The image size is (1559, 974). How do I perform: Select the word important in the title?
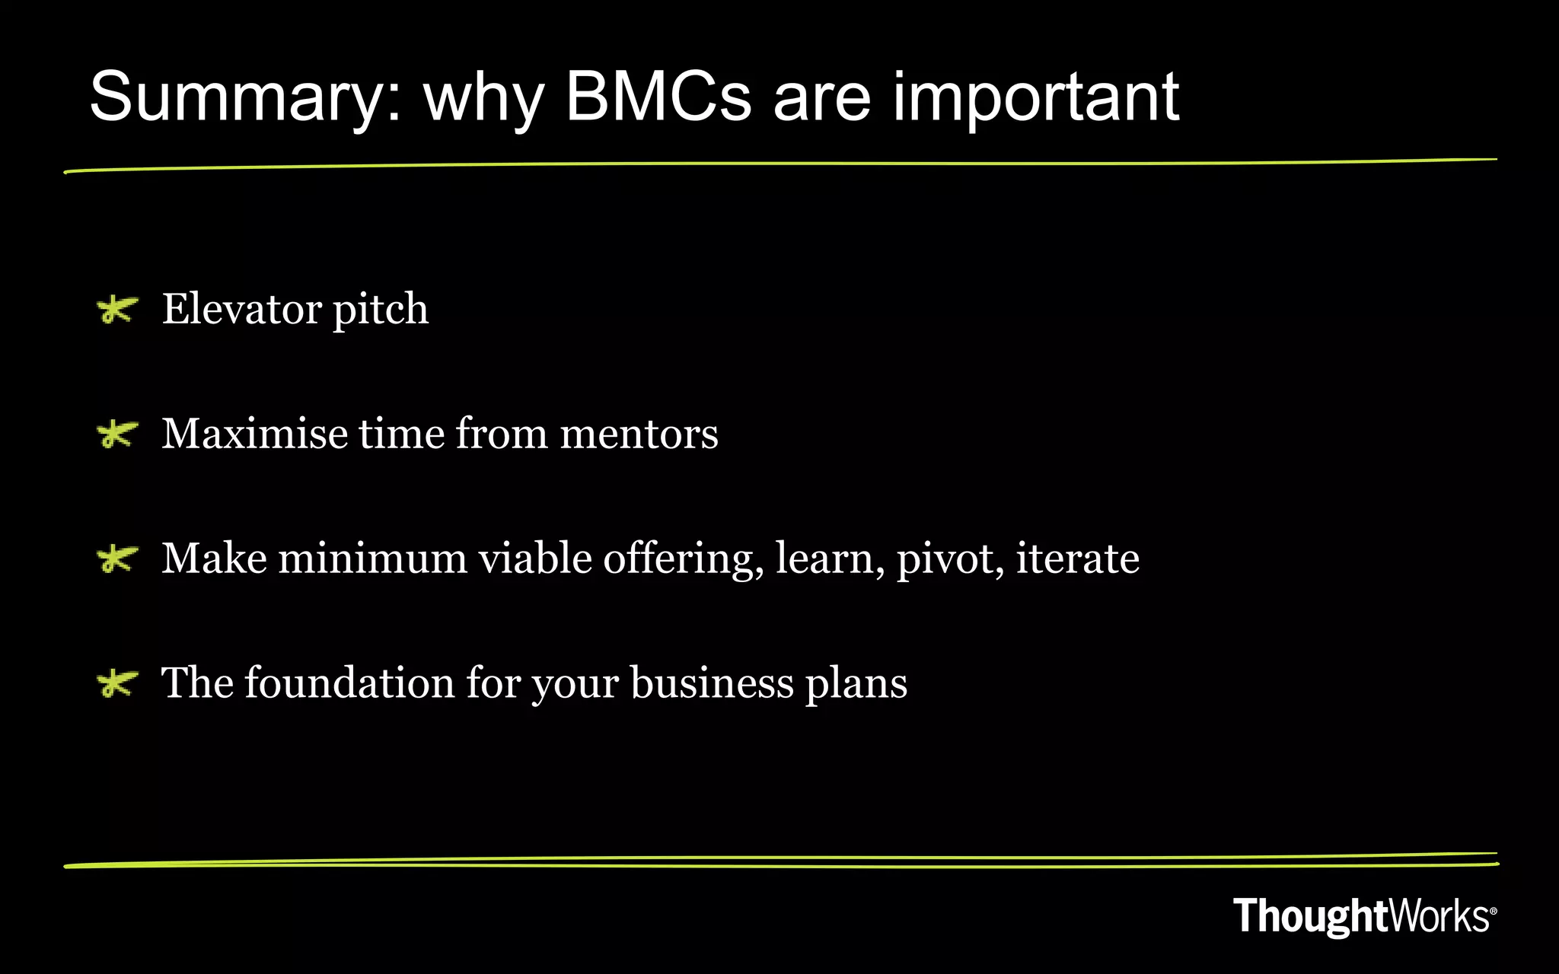(x=1035, y=97)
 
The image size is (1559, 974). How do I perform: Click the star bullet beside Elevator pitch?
(x=117, y=310)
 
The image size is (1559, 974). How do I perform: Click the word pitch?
(x=381, y=310)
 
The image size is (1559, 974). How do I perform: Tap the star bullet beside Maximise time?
(x=117, y=434)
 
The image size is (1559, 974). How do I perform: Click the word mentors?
(x=639, y=434)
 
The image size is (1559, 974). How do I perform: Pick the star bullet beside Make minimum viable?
(x=117, y=559)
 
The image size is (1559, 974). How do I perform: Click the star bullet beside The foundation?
(x=117, y=683)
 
